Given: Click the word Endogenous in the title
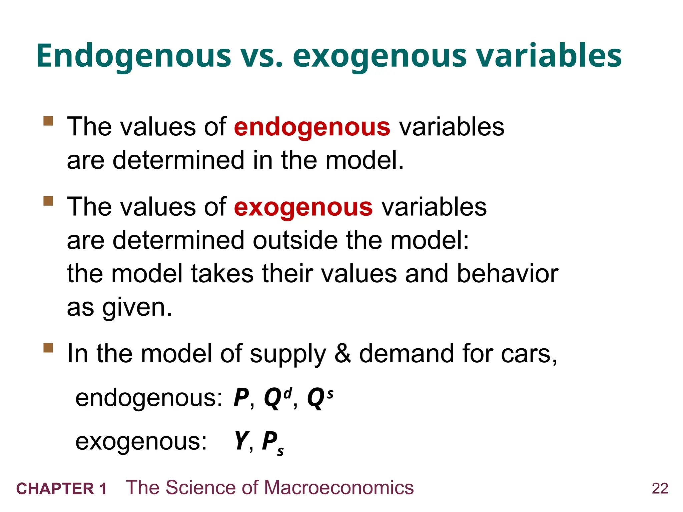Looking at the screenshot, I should pyautogui.click(x=133, y=56).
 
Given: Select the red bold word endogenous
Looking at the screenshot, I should pyautogui.click(x=312, y=127).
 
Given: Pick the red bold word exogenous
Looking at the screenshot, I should pyautogui.click(x=303, y=207).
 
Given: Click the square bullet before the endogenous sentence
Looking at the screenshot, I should pyautogui.click(x=48, y=121).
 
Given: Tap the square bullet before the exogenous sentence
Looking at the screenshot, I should pyautogui.click(x=48, y=201).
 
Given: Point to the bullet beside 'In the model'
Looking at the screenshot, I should pyautogui.click(x=48, y=348).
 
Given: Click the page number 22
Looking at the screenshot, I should pyautogui.click(x=660, y=489).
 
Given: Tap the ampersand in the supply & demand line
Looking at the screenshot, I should pyautogui.click(x=342, y=353).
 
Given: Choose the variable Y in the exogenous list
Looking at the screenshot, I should pyautogui.click(x=241, y=441).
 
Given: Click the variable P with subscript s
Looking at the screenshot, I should pyautogui.click(x=272, y=442).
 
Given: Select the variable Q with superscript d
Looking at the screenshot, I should pyautogui.click(x=277, y=398).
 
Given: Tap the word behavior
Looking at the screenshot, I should pyautogui.click(x=507, y=274).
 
